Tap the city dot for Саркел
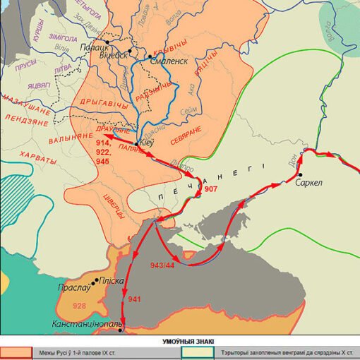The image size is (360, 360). click(x=301, y=174)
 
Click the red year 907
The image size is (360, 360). click(x=210, y=190)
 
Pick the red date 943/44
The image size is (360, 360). click(x=163, y=265)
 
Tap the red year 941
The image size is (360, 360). click(x=135, y=299)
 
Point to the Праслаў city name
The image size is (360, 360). click(x=75, y=288)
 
